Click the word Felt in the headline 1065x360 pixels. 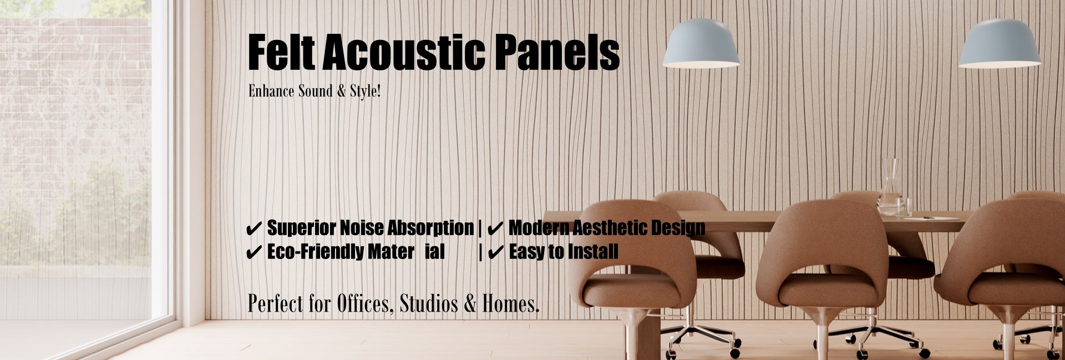point(281,52)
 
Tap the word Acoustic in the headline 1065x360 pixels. point(403,52)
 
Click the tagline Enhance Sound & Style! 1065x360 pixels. point(315,91)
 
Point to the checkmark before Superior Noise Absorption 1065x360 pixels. point(253,228)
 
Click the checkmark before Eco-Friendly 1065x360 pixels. point(253,252)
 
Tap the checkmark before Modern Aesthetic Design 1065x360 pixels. point(495,228)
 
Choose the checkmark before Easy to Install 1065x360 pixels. point(495,252)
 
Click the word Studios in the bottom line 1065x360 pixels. point(429,303)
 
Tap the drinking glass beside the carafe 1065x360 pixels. point(904,207)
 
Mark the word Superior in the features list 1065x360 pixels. point(301,228)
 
